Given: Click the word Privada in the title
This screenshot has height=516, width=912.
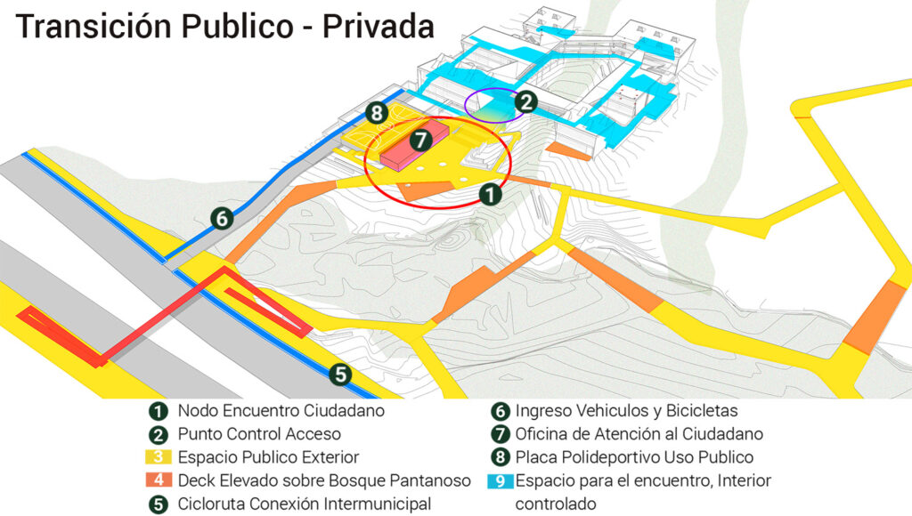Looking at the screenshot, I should [x=378, y=27].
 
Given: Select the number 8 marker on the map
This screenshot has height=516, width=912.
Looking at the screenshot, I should [x=377, y=113].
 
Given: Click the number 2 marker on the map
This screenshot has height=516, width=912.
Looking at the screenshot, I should [x=526, y=101].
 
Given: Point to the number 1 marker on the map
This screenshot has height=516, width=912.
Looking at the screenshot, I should [x=489, y=192].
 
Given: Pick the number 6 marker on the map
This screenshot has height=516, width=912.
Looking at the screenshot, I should [x=222, y=216].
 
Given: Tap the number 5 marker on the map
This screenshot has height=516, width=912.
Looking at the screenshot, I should [x=339, y=375].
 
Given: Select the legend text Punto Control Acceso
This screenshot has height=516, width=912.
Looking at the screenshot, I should [x=259, y=434].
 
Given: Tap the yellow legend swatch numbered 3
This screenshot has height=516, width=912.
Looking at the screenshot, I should [x=159, y=458].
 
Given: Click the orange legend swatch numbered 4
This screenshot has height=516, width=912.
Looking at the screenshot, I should [x=159, y=481].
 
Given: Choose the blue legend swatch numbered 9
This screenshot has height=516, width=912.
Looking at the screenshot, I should [x=501, y=481].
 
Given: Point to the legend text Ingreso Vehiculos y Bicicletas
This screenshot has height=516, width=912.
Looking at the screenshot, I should [x=626, y=411].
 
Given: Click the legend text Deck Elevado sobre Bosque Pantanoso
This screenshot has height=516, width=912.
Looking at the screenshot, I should [x=324, y=481].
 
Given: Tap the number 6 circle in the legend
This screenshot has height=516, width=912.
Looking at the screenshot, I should [x=501, y=411].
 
